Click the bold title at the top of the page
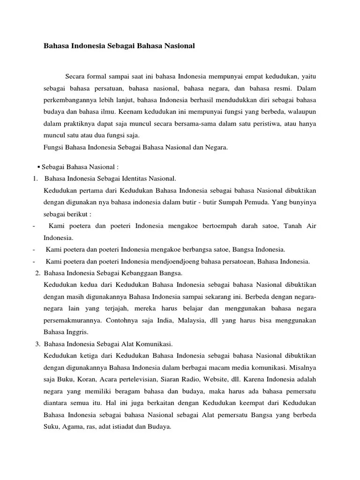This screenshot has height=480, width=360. pos(119,46)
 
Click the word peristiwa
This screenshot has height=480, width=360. pos(283,124)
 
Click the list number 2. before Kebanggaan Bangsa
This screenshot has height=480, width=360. pos(38,273)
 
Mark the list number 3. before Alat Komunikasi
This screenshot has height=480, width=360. pos(38,344)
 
